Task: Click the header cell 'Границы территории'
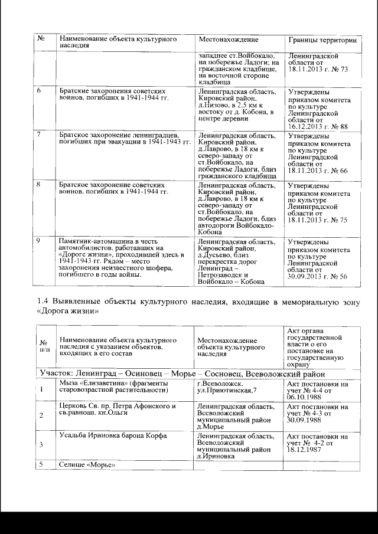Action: click(x=322, y=40)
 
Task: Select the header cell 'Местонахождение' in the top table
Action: click(x=229, y=40)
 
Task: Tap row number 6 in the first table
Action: click(x=39, y=91)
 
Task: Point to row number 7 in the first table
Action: click(x=39, y=134)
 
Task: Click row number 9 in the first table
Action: click(x=39, y=240)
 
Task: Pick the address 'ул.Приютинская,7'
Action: click(x=226, y=391)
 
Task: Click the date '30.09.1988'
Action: click(x=305, y=421)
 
